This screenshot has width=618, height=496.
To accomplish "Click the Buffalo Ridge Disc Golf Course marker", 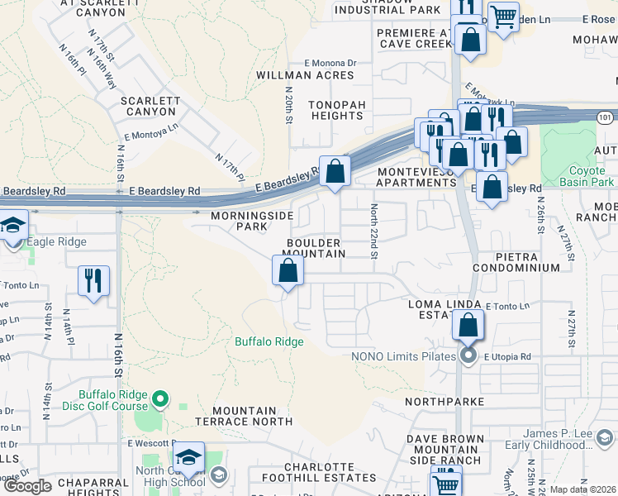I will pos(162,401).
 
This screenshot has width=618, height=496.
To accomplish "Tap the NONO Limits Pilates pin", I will pos(468,356).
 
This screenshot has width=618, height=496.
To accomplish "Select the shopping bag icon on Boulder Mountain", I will pos(288,270).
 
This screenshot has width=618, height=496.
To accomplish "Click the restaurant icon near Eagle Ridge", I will pos(93,279).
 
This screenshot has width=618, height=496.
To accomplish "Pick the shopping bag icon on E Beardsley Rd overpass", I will pos(335,172).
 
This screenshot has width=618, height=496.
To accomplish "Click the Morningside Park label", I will pos(252,221).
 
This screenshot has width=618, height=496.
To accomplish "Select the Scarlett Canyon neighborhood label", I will pos(150,107).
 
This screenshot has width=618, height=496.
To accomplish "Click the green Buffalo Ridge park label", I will pos(269,341).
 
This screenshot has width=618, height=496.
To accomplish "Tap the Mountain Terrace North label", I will pos(244,416).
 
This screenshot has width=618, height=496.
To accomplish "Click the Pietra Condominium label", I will pos(516,263).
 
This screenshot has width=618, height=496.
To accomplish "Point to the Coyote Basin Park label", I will pos(586,176).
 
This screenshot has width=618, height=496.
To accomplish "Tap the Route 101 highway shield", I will pos(606,118).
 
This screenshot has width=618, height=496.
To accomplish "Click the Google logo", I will pos(27,486).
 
